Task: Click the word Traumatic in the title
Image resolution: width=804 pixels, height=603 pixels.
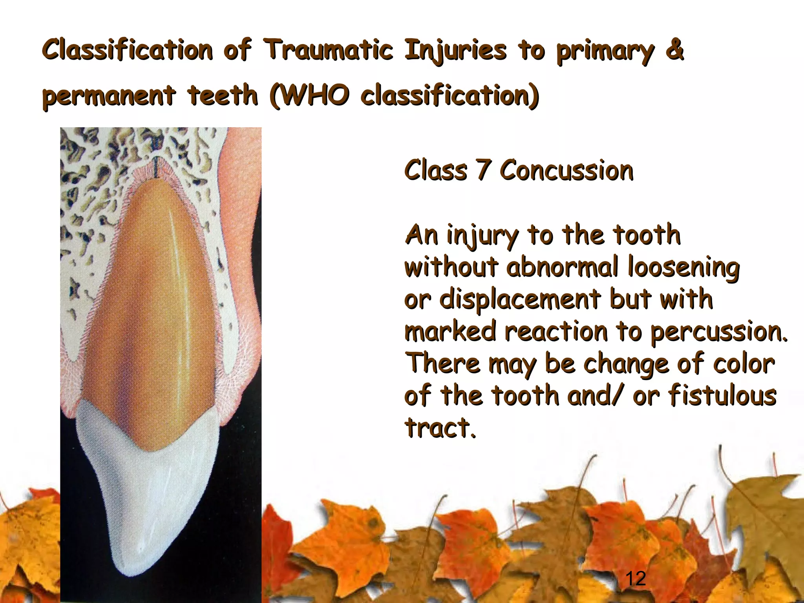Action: click(328, 50)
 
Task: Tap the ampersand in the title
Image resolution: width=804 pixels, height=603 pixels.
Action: click(675, 50)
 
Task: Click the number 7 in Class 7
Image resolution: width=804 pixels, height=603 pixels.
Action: click(483, 170)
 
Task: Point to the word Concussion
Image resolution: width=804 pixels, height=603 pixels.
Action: click(566, 171)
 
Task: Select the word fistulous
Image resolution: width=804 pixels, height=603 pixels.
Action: click(722, 395)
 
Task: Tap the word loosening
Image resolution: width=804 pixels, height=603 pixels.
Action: click(683, 267)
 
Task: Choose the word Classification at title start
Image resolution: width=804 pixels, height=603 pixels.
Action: click(128, 50)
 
